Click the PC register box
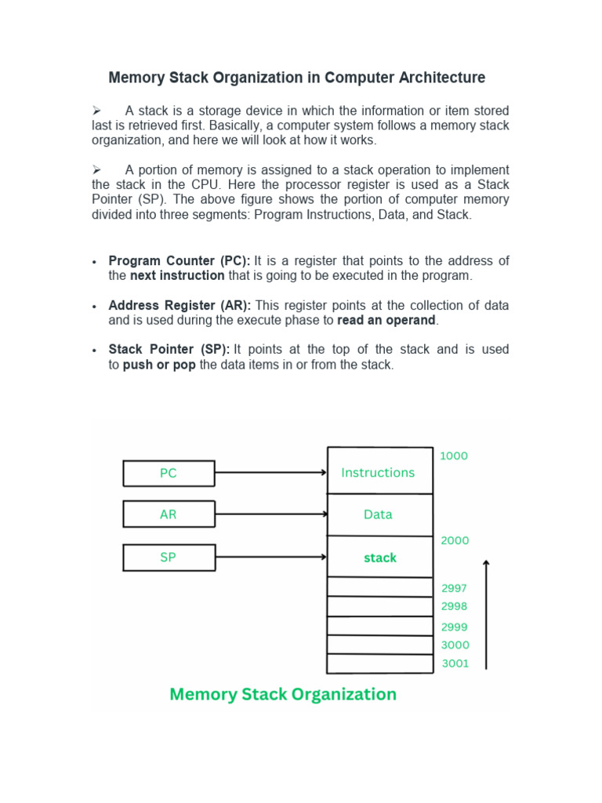[169, 473]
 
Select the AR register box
[169, 514]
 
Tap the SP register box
[169, 557]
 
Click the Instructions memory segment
[379, 472]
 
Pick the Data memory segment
[379, 514]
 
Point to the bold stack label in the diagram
[379, 558]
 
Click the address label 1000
[454, 456]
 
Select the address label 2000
[455, 540]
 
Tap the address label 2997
[455, 587]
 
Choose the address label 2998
[455, 606]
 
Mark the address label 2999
[455, 627]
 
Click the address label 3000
[455, 645]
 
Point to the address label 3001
[455, 663]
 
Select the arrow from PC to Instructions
[270, 473]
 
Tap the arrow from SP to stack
[270, 557]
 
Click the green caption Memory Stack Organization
[283, 694]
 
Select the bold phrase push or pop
[159, 365]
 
